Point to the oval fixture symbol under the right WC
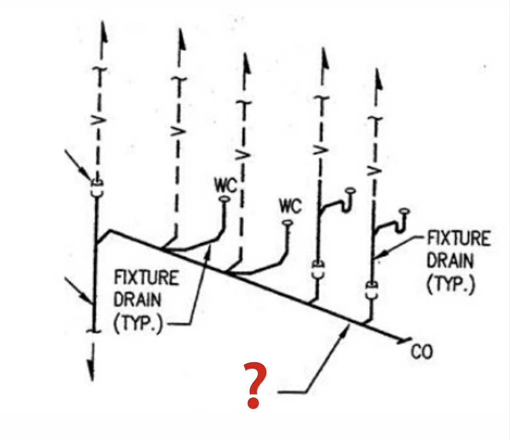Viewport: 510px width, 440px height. click(287, 223)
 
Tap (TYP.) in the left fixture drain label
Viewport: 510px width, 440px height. click(138, 325)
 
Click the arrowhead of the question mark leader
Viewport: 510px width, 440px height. click(348, 326)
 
